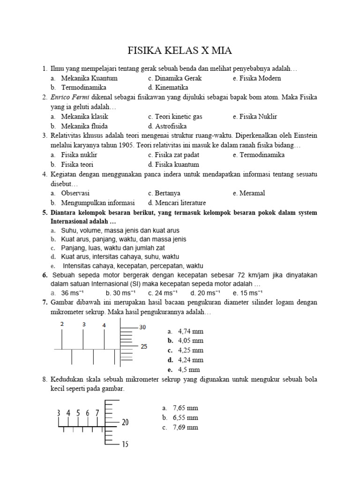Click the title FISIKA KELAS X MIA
tap(180, 51)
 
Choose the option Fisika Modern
tap(256, 78)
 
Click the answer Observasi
tap(75, 193)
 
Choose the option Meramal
tap(252, 193)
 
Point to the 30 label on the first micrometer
tap(143, 327)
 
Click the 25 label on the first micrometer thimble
tap(144, 347)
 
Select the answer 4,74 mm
tap(190, 331)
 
